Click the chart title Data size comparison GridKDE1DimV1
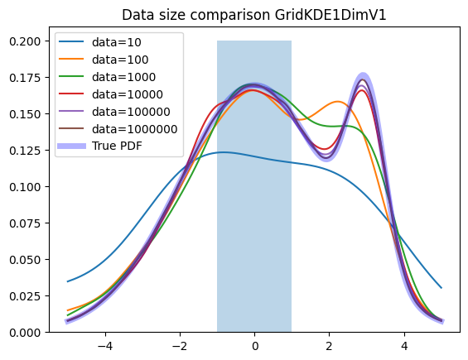click(x=254, y=15)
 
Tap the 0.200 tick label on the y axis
click(x=25, y=41)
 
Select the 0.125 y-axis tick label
click(x=25, y=151)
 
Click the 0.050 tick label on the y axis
click(x=25, y=260)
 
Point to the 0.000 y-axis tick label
click(x=25, y=332)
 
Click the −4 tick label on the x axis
click(x=105, y=346)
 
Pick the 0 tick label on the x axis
click(x=254, y=346)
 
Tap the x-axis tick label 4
click(x=404, y=346)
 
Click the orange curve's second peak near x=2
click(x=338, y=102)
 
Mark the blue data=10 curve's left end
click(x=67, y=281)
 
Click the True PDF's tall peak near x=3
click(x=363, y=77)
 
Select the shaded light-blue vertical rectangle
click(x=254, y=186)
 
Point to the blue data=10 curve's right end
click(x=441, y=288)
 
